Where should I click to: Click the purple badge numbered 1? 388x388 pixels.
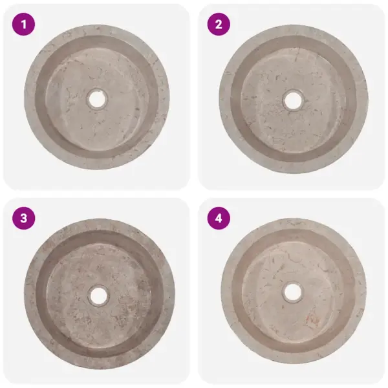tap(23, 25)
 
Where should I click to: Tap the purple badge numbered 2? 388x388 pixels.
tap(219, 25)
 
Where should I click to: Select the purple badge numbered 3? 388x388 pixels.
tap(23, 219)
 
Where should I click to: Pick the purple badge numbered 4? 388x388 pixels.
tap(219, 219)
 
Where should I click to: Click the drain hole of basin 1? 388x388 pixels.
tap(97, 99)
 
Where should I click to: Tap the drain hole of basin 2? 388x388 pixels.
tap(293, 101)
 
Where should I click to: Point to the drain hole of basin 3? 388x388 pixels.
tap(99, 296)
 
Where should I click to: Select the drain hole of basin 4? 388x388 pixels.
tap(293, 292)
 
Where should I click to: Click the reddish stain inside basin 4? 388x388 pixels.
tap(312, 320)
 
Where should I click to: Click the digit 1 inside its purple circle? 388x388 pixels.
tap(23, 25)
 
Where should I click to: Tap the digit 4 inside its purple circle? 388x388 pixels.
tap(219, 219)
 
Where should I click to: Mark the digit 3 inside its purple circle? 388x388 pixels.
tap(23, 219)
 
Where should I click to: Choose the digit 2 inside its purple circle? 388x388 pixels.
tap(219, 25)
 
